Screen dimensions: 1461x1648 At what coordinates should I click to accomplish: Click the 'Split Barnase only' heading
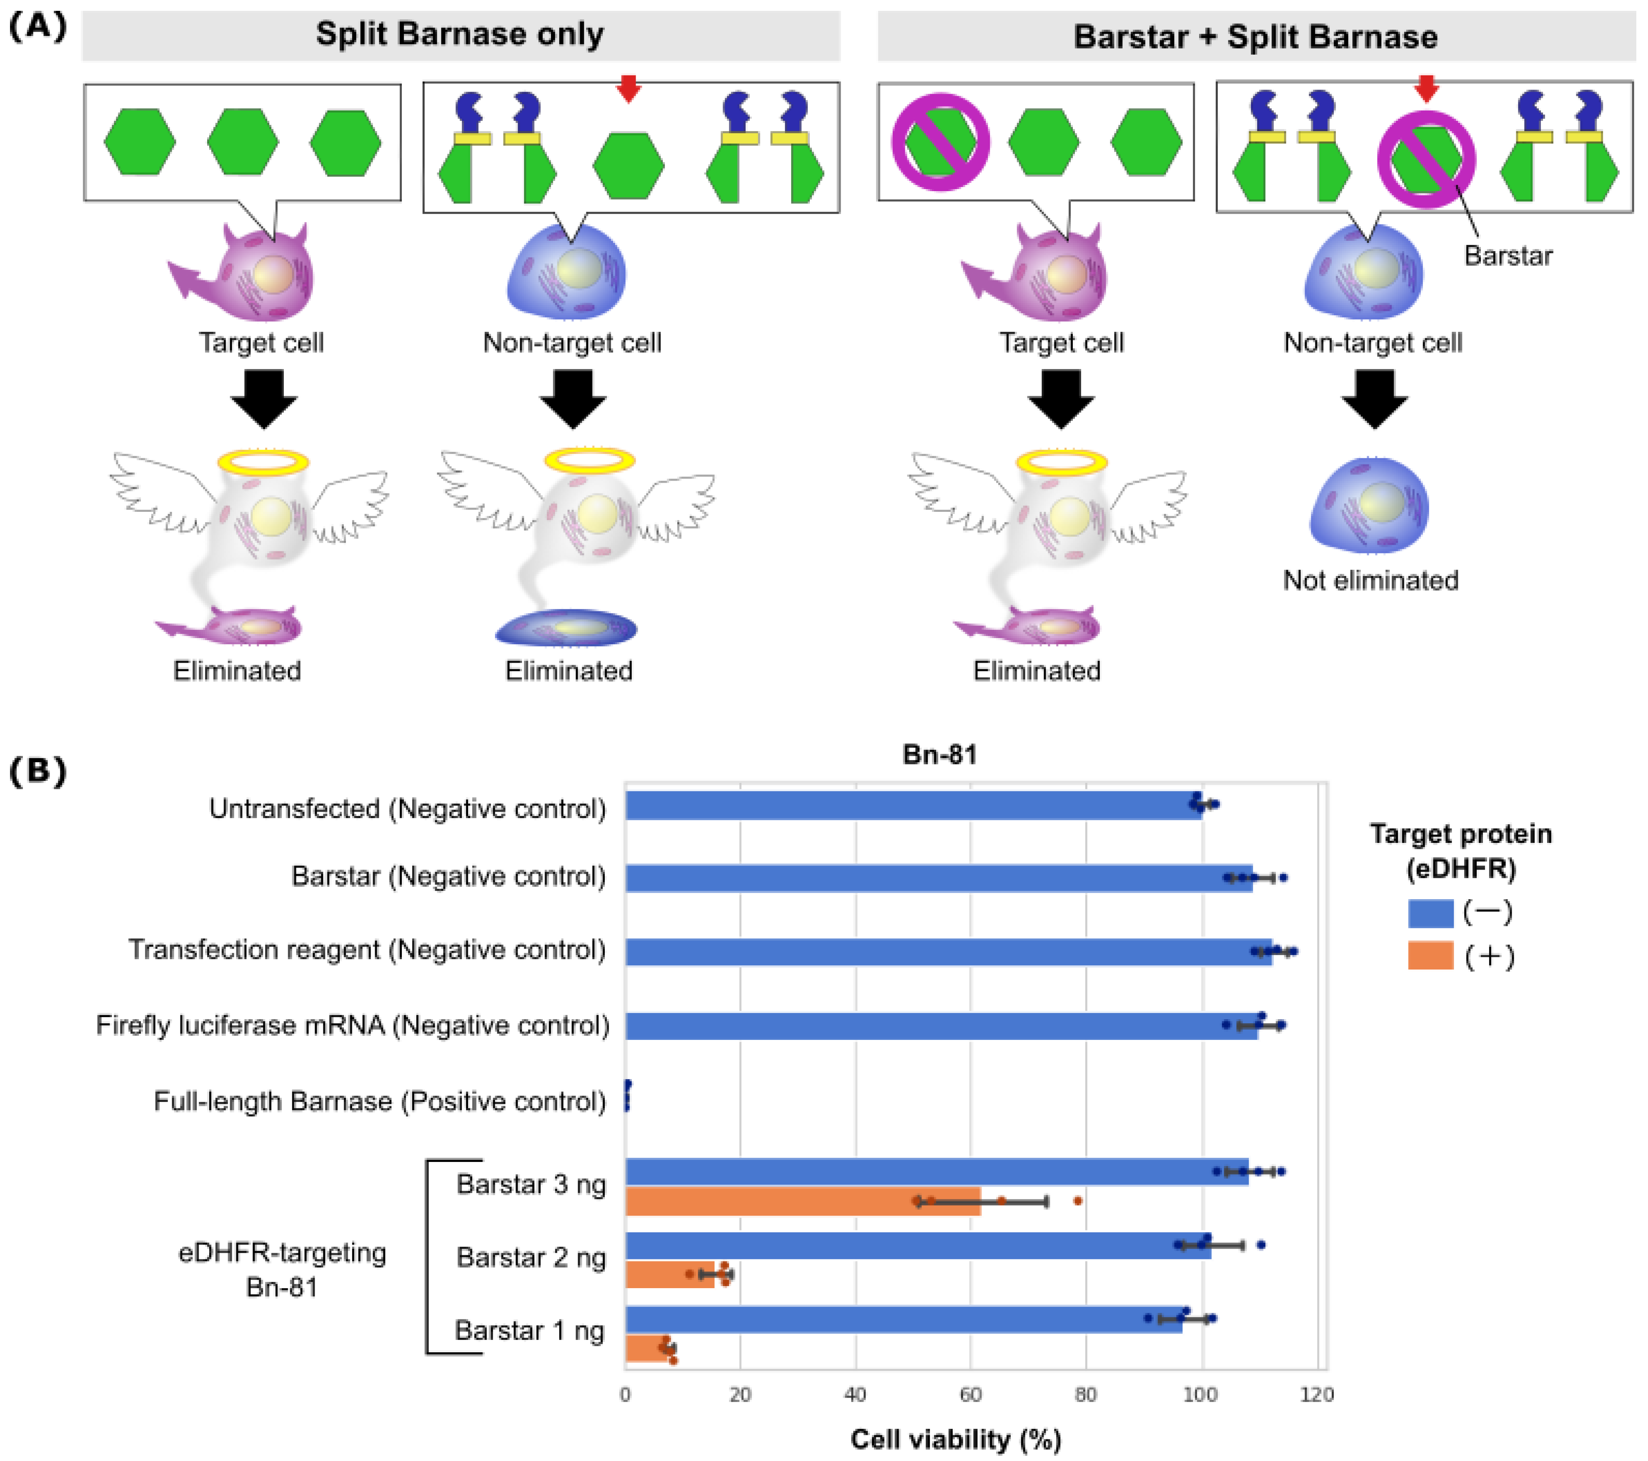coord(460,35)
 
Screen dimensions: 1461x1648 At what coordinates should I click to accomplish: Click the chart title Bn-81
coord(939,755)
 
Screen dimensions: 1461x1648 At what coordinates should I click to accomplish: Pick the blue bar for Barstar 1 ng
coord(903,1319)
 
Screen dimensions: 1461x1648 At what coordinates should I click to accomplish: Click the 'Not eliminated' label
coord(1371,580)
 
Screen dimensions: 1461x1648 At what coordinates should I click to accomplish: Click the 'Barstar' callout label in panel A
coord(1508,255)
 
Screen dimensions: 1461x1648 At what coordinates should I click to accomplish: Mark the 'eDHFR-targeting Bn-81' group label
coord(282,1269)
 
